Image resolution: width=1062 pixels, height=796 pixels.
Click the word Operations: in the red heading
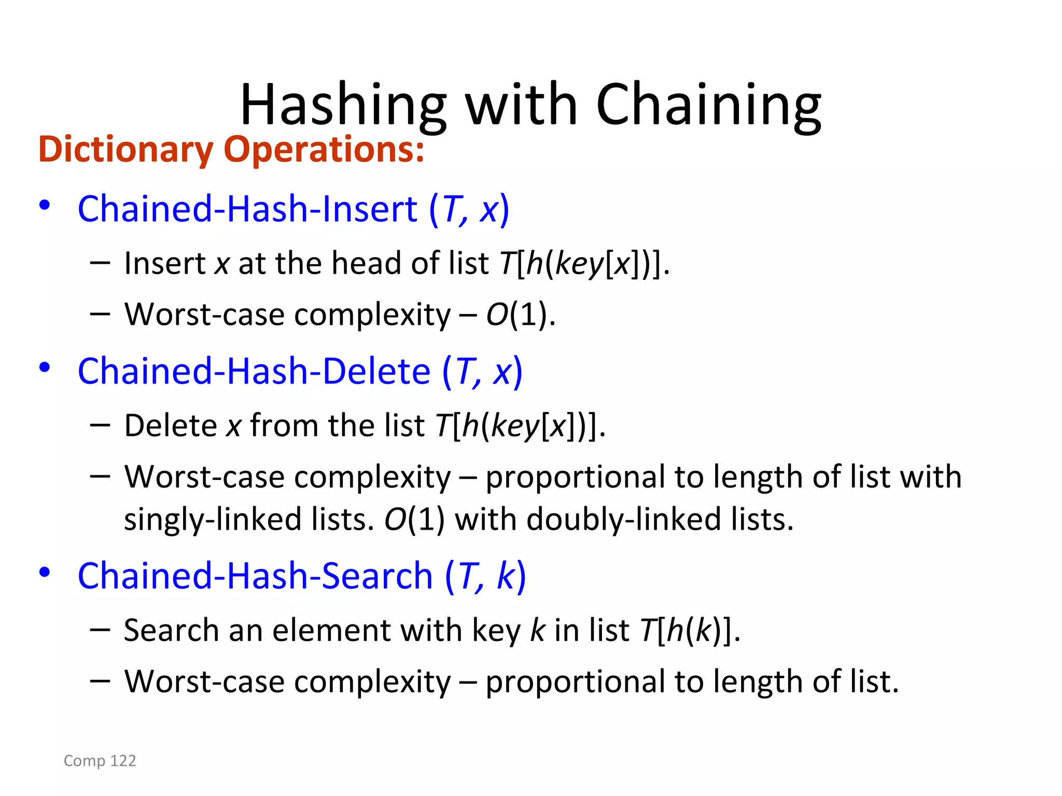click(x=324, y=149)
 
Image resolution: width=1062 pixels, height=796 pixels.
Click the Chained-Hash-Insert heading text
click(x=247, y=209)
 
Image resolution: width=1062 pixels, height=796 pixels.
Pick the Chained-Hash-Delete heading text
click(x=254, y=372)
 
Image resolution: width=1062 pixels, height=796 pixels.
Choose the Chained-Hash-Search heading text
click(x=255, y=576)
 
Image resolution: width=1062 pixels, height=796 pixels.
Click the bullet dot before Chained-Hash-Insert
click(x=45, y=205)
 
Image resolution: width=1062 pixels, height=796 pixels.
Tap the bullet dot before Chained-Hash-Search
click(x=45, y=572)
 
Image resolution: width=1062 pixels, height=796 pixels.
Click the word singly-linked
click(x=213, y=519)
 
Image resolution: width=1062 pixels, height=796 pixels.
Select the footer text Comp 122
click(x=100, y=761)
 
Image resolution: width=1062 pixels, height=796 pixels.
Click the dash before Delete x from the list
click(x=100, y=425)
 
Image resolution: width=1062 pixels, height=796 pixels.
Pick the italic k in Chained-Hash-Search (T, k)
click(x=505, y=576)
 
